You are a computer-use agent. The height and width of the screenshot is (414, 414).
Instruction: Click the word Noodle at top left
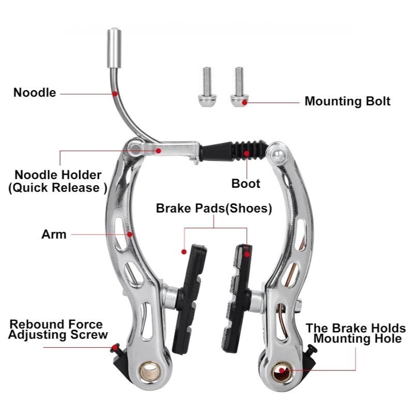tap(35, 93)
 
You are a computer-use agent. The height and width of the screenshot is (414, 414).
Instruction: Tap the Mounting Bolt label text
tap(347, 101)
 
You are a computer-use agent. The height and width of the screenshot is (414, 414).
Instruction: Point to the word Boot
tap(246, 184)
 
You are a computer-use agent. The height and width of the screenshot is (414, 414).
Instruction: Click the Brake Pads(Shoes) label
tap(214, 209)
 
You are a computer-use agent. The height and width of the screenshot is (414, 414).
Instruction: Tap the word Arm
tap(54, 234)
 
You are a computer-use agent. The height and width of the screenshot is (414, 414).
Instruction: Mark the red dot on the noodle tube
tap(115, 94)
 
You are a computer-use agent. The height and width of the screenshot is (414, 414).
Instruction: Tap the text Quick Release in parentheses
tap(57, 187)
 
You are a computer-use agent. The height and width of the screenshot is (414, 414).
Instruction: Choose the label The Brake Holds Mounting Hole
tap(356, 333)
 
